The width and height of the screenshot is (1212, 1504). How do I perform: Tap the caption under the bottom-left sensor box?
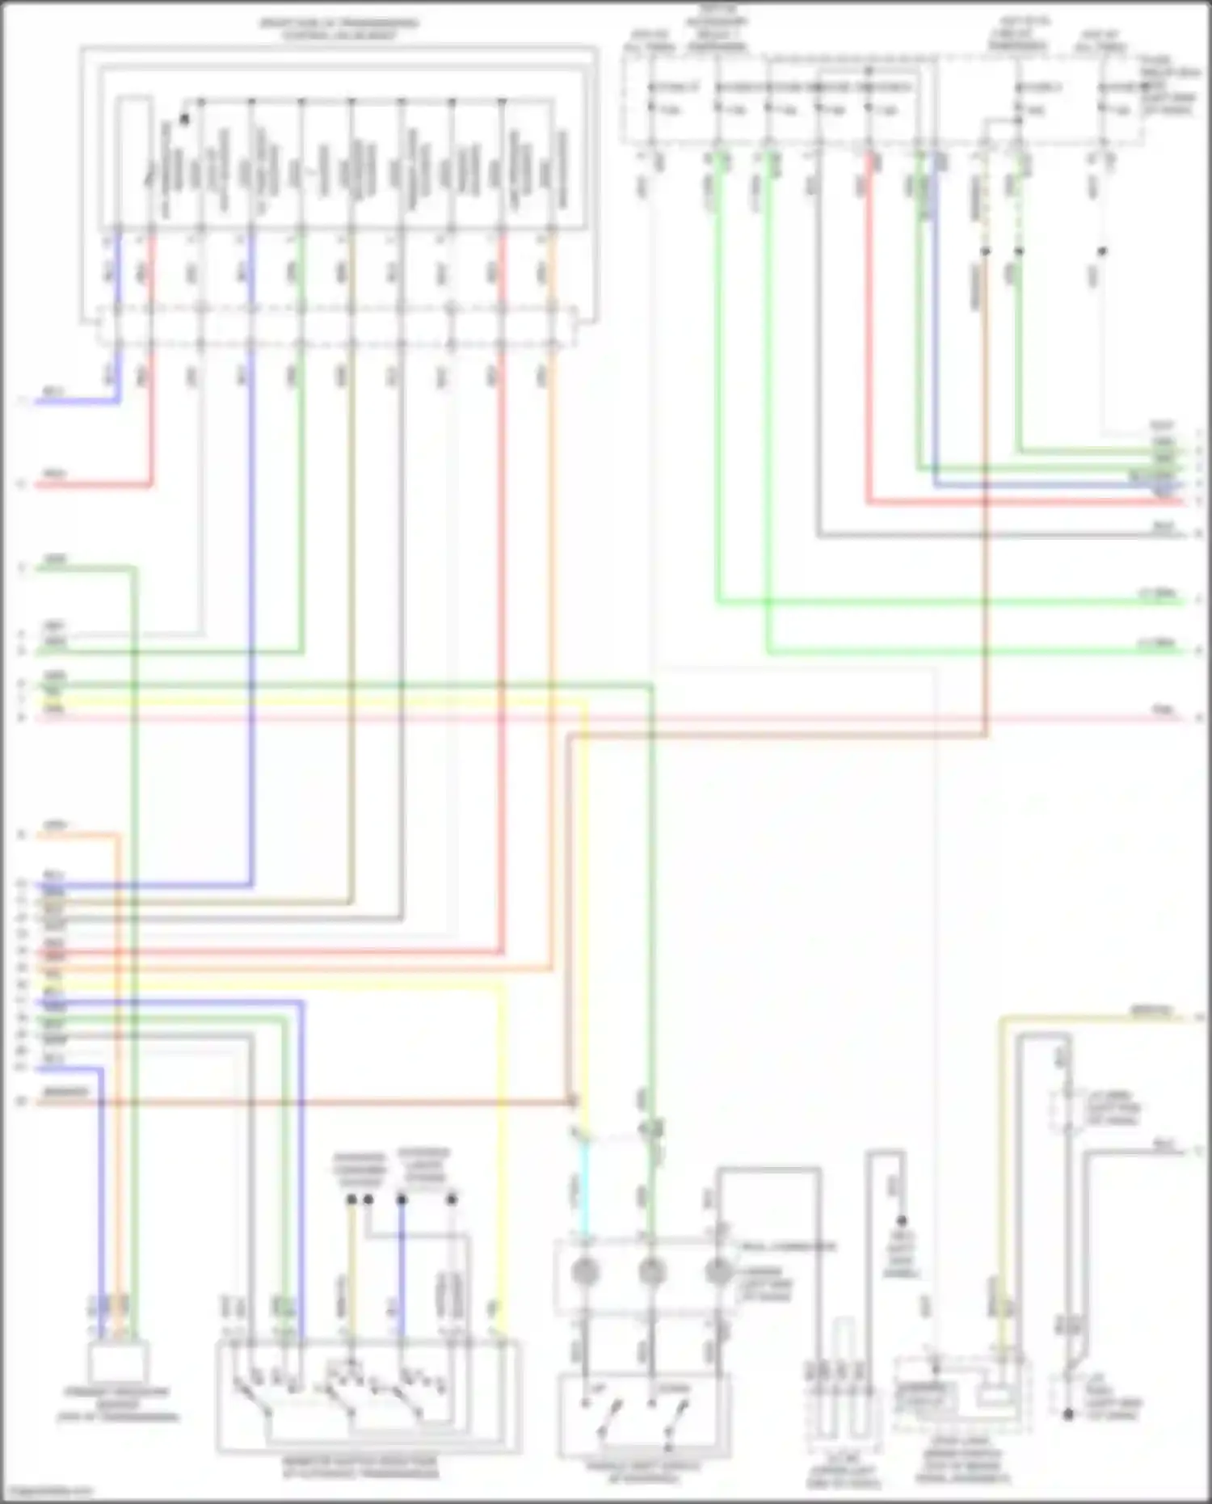[x=117, y=1405]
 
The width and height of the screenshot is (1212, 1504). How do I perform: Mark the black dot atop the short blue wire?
[x=402, y=1199]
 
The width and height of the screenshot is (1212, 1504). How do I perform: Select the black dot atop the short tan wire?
[x=351, y=1199]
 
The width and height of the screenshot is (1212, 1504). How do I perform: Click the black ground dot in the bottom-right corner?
[x=1068, y=1414]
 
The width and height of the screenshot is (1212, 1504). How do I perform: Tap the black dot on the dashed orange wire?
[x=985, y=252]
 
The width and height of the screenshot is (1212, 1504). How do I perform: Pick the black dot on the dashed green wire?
[x=1019, y=252]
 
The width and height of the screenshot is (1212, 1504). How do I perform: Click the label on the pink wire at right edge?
[x=1164, y=710]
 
